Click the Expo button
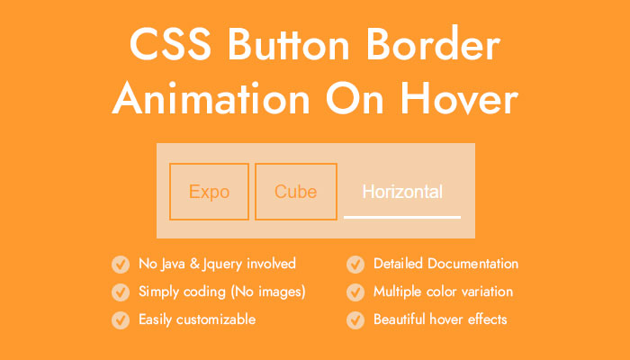(209, 192)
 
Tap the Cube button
(296, 192)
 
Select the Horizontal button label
(402, 192)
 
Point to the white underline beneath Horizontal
(402, 218)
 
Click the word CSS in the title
(170, 45)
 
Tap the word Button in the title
(289, 44)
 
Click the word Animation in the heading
(211, 97)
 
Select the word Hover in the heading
(459, 97)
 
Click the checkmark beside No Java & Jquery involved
(121, 265)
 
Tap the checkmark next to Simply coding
(121, 292)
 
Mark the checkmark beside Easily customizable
(121, 320)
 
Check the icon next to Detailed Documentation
(355, 265)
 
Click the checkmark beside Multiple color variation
(355, 292)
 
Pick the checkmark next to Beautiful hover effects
(355, 320)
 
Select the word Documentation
(472, 264)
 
